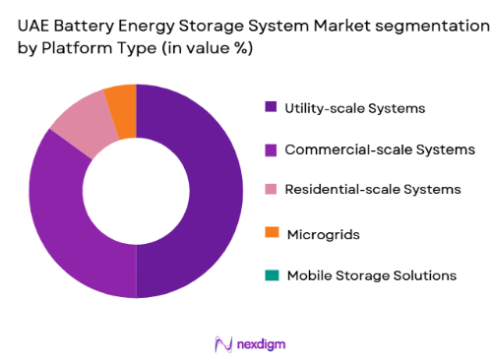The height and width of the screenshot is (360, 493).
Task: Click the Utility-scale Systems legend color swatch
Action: click(271, 108)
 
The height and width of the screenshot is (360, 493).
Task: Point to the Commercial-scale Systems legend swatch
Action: click(271, 150)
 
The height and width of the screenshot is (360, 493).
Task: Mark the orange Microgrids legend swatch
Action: click(271, 234)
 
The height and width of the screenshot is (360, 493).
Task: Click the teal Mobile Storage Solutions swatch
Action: click(271, 275)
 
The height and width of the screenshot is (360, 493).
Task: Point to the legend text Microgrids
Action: click(322, 234)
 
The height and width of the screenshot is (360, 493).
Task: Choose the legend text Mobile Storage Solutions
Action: click(371, 275)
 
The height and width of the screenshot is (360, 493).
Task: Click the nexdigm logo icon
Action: click(222, 343)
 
